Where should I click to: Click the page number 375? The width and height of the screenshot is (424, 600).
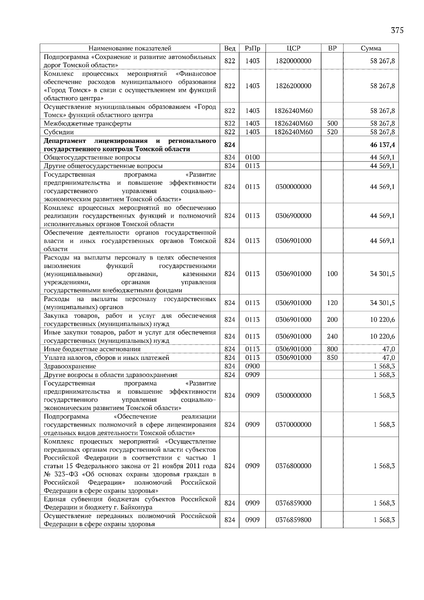click(x=397, y=30)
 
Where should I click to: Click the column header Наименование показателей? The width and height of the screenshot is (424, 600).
click(x=130, y=48)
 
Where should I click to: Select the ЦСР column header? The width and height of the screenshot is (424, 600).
click(x=293, y=48)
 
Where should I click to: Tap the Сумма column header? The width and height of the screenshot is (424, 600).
click(x=371, y=48)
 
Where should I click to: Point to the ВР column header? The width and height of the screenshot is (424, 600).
click(x=332, y=48)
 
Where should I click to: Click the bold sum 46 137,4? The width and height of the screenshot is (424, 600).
click(x=382, y=145)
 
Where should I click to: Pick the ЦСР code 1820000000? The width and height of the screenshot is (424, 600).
click(x=293, y=61)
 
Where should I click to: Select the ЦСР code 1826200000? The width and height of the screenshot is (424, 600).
click(x=293, y=86)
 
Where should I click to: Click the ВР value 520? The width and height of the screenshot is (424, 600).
click(x=332, y=132)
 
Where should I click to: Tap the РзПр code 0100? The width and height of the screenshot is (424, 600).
click(x=252, y=158)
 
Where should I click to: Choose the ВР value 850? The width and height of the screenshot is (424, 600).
click(x=332, y=358)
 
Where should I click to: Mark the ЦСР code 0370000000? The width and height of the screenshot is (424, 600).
click(x=293, y=425)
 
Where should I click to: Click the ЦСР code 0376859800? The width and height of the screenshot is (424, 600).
click(x=293, y=520)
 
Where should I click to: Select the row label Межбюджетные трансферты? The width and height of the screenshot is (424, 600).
click(x=88, y=124)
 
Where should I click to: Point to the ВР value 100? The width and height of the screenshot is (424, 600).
click(x=332, y=274)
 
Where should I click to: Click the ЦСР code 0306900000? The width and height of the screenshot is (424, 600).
click(x=293, y=216)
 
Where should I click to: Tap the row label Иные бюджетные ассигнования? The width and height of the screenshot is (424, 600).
click(x=92, y=349)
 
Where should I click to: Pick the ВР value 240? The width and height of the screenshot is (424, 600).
click(x=332, y=336)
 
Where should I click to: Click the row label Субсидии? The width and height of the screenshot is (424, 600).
click(x=59, y=132)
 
